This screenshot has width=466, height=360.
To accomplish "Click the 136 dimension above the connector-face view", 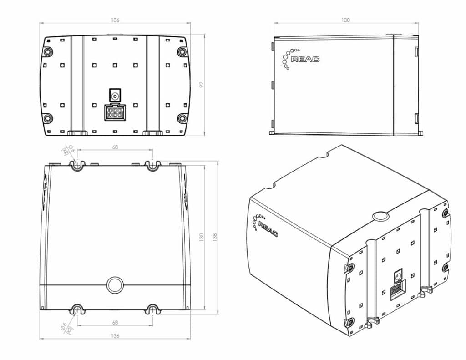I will tap(115, 20).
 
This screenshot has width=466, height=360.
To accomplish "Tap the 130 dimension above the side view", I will tap(345, 20).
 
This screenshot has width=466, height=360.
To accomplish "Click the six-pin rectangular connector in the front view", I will tap(115, 112).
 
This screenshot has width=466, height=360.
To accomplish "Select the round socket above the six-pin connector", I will tap(115, 96).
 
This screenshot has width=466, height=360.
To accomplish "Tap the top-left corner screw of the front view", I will tap(48, 51).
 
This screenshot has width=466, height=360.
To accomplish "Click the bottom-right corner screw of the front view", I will tap(182, 119).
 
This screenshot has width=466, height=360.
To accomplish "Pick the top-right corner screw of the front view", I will tap(182, 51).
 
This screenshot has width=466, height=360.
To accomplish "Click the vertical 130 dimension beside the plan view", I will tap(201, 237).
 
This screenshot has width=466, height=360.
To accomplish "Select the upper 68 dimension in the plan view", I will tap(115, 147).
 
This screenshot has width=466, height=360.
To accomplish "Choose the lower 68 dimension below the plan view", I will tap(115, 322).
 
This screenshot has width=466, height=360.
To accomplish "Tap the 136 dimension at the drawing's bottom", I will tap(115, 336).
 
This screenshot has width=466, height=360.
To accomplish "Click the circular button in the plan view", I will tap(115, 285).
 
